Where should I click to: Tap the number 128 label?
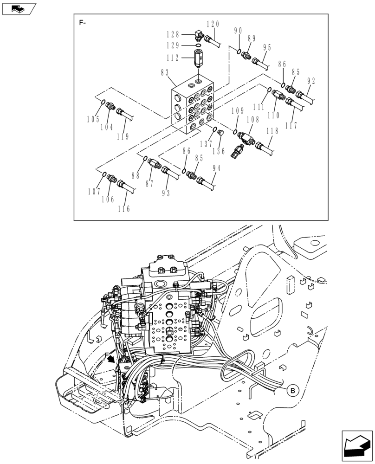click(174, 34)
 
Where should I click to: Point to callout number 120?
click(213, 25)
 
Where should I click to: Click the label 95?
click(267, 48)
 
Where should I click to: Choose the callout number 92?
click(311, 81)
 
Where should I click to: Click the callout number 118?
click(273, 132)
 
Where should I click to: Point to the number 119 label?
click(123, 136)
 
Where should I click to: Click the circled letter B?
click(292, 391)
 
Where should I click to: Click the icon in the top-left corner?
click(19, 8)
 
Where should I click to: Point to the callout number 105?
click(93, 119)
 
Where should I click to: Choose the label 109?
click(237, 111)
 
